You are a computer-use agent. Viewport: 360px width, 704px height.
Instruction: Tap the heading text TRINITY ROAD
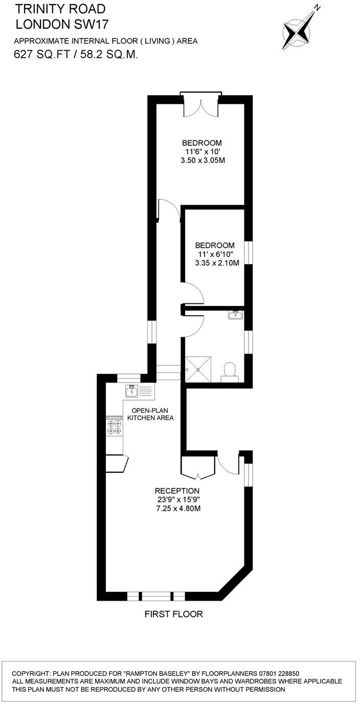60,9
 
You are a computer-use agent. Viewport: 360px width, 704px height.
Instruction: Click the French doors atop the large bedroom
200,106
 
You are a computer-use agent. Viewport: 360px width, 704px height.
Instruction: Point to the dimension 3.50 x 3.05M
203,160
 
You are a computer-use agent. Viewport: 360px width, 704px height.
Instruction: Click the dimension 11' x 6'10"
215,254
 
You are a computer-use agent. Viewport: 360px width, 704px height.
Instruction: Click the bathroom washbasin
236,314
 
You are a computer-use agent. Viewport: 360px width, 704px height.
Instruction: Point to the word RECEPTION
173,491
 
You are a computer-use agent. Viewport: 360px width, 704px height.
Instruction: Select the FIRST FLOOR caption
173,614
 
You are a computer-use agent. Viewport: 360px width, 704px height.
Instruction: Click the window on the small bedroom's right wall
248,253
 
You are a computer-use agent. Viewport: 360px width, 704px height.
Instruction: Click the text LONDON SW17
62,24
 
